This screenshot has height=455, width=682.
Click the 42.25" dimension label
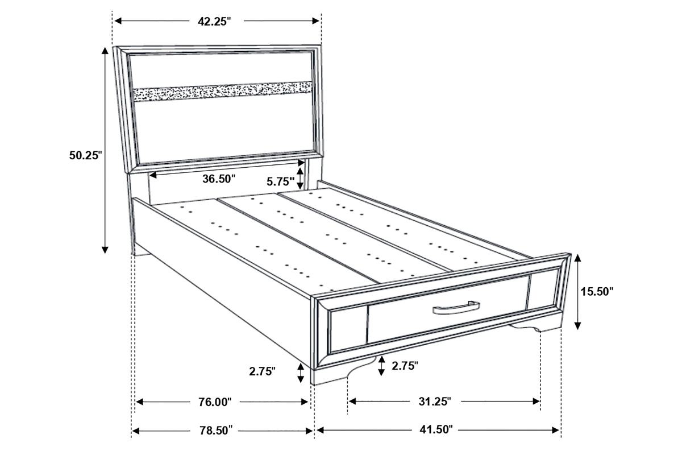click(214, 22)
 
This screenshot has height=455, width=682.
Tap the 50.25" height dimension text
click(85, 155)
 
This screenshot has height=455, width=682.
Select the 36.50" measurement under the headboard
click(219, 179)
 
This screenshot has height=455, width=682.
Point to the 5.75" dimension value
click(281, 181)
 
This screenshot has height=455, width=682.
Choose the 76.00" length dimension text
click(215, 402)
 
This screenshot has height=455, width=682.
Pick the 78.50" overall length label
click(216, 431)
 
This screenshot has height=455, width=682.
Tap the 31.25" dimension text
click(435, 402)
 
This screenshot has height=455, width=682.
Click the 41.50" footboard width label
click(436, 430)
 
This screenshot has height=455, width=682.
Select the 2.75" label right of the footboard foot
click(405, 366)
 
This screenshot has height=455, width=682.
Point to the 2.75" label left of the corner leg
click(263, 371)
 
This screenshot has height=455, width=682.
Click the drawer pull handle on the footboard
click(456, 308)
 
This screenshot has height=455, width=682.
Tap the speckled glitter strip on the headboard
click(223, 92)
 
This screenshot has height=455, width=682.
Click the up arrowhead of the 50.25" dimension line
click(105, 51)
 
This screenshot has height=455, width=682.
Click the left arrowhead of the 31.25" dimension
click(352, 402)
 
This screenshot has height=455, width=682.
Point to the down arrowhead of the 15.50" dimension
click(577, 326)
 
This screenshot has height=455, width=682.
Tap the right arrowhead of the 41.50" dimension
click(555, 430)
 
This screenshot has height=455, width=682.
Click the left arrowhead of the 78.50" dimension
click(136, 431)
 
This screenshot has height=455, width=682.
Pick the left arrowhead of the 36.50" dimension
click(152, 175)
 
